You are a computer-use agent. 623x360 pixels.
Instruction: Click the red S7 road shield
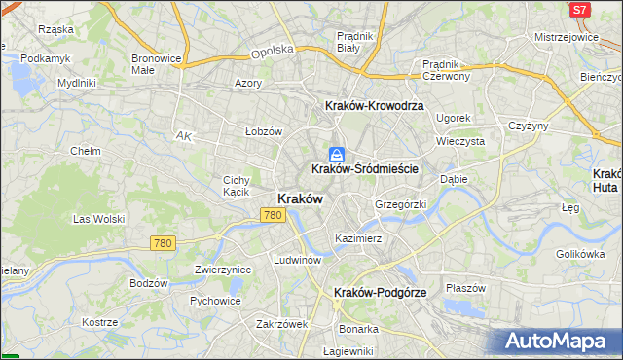click(x=580, y=10)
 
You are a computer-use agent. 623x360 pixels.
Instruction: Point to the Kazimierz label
click(x=358, y=238)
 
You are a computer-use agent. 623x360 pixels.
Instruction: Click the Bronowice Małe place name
click(x=157, y=64)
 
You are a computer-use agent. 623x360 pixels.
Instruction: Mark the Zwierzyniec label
click(x=223, y=270)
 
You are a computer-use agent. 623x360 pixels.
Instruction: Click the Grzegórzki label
click(x=401, y=205)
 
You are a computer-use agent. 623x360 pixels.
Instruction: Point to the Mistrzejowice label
click(x=566, y=37)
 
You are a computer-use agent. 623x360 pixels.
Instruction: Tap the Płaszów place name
click(x=465, y=288)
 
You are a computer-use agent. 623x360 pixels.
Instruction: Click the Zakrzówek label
click(x=281, y=324)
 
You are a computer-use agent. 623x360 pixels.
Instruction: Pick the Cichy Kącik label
click(x=238, y=186)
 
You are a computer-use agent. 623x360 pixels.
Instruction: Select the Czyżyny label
click(x=530, y=126)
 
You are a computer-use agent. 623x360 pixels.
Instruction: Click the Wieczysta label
click(x=460, y=141)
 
